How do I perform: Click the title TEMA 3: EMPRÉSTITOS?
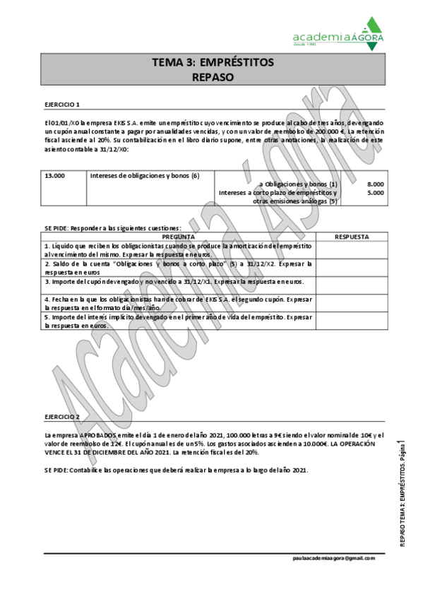coord(212,63)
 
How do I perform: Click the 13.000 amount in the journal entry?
coord(54,175)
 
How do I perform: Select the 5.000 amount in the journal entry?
coord(376,192)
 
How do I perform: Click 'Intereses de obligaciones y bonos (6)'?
coord(145,175)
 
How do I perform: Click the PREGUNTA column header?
coord(179,237)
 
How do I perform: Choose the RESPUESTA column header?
coord(351,237)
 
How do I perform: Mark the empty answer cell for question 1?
coord(351,249)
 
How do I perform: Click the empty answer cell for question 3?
coord(351,283)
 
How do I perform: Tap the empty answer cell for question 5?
coord(351,321)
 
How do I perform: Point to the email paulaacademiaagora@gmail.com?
coord(334,557)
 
